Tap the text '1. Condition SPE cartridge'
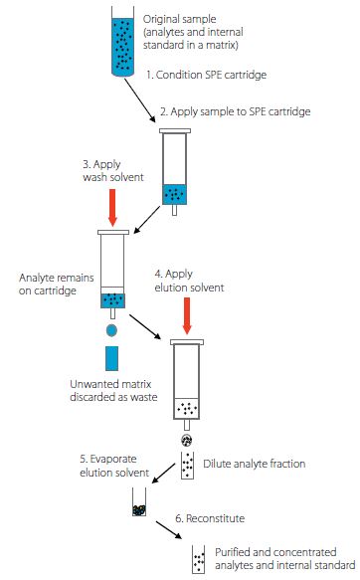tap(206, 75)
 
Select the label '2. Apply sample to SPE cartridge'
tap(236, 111)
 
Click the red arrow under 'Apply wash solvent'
tap(112, 208)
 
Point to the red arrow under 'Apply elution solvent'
tap(187, 316)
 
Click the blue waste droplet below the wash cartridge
tap(111, 330)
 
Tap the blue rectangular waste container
tap(111, 358)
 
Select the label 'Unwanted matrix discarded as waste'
tap(113, 390)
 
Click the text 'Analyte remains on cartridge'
tap(56, 285)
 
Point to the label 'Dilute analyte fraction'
tap(255, 464)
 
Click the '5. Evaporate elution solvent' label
tap(114, 466)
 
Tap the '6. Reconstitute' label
tap(210, 518)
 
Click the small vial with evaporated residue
tap(139, 502)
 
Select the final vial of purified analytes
tap(199, 559)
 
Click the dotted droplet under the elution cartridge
tap(187, 440)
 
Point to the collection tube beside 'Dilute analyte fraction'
tap(187, 466)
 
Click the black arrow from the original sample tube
tap(139, 99)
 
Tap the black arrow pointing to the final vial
tap(168, 530)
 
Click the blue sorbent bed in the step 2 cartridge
tap(174, 195)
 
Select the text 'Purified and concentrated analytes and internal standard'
tap(285, 558)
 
